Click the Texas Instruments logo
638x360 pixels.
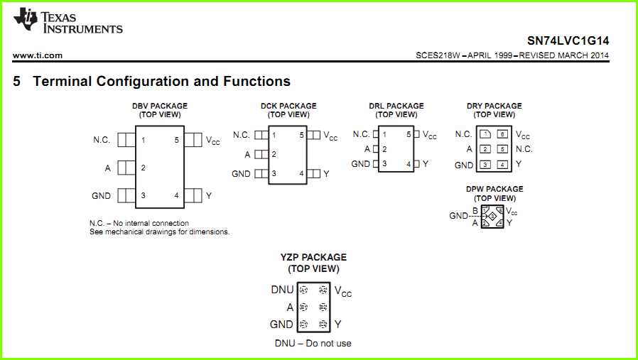(x=67, y=21)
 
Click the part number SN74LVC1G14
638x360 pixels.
(x=568, y=40)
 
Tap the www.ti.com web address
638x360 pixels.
(x=38, y=55)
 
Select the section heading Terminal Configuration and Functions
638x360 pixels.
(x=161, y=81)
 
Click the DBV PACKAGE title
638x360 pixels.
(x=160, y=106)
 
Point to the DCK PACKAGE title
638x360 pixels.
(x=288, y=106)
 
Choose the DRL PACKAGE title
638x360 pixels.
(x=396, y=106)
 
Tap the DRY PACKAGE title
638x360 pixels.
(x=494, y=106)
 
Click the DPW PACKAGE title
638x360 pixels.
(x=494, y=189)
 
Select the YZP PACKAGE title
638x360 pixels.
(x=313, y=257)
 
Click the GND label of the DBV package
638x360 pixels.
(x=101, y=195)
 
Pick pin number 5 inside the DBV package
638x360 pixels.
(x=176, y=140)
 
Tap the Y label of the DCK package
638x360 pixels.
(x=326, y=173)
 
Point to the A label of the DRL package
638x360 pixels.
(x=367, y=149)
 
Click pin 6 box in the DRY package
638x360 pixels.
(x=502, y=134)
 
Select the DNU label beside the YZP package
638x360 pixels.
(x=282, y=290)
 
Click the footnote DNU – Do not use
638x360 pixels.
(x=313, y=344)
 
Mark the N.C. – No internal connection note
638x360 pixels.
(x=139, y=223)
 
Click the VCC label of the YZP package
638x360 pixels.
(x=342, y=291)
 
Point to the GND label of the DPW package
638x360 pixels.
(x=458, y=216)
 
